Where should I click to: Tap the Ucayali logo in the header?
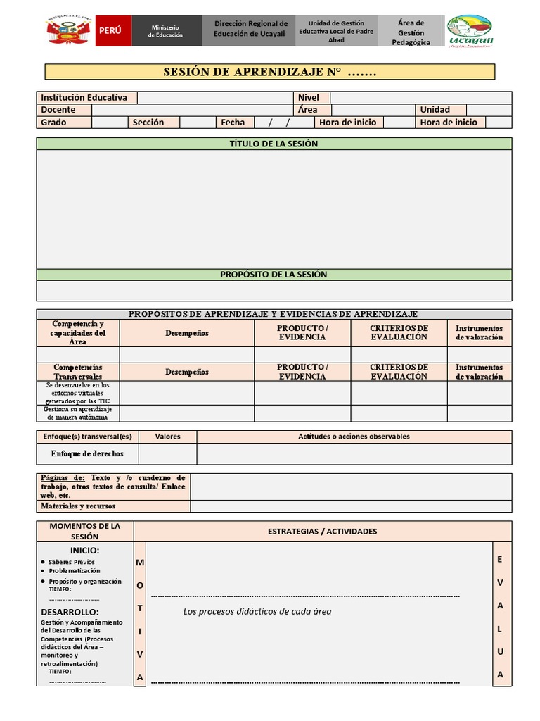[x=470, y=32]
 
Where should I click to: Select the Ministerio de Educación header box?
[x=165, y=31]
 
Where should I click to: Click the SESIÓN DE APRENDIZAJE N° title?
[x=270, y=72]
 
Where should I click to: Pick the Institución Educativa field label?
[x=84, y=98]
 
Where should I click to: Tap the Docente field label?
[x=58, y=110]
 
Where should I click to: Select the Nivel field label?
[x=309, y=98]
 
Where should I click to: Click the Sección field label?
[x=148, y=123]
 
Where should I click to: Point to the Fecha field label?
[x=233, y=123]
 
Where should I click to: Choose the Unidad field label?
[x=435, y=110]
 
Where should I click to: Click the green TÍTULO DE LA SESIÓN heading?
[x=274, y=144]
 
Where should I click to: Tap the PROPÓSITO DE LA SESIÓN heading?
[x=274, y=275]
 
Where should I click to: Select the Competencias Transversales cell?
[x=78, y=372]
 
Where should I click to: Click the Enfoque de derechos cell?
[x=87, y=453]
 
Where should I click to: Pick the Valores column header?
[x=167, y=437]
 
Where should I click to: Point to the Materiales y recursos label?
[x=78, y=506]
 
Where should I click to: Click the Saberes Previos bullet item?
[x=72, y=562]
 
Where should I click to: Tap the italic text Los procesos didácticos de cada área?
[x=257, y=611]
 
